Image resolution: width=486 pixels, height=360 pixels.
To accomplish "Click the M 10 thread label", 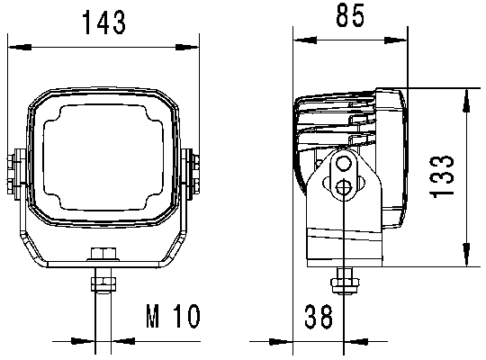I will click(171, 317).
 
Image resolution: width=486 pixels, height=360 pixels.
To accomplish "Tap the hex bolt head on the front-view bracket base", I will click(103, 256).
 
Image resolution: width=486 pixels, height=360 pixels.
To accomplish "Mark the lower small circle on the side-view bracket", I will click(342, 187).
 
